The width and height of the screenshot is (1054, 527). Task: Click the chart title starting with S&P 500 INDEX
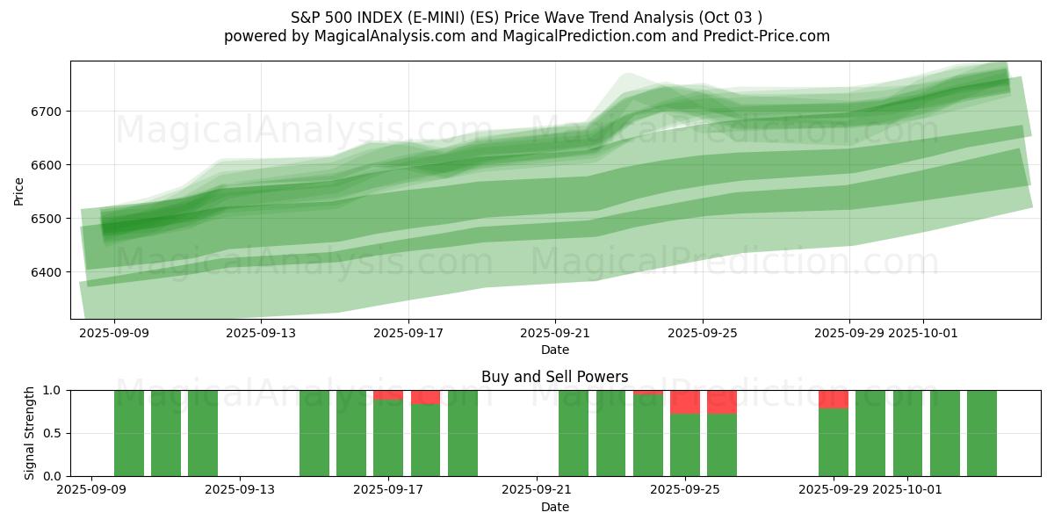(x=526, y=18)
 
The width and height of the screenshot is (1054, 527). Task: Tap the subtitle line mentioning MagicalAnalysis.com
(x=526, y=36)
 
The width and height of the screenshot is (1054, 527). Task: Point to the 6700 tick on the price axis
(x=49, y=112)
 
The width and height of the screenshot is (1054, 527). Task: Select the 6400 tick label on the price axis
(x=49, y=272)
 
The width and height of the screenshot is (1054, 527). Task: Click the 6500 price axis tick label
(x=49, y=219)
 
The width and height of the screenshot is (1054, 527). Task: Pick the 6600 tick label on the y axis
(x=49, y=165)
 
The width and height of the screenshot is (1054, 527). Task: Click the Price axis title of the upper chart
(x=18, y=190)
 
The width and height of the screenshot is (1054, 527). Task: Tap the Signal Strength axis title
(x=30, y=433)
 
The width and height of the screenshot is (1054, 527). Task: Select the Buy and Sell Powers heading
(x=554, y=377)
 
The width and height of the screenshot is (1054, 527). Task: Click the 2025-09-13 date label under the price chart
(x=261, y=333)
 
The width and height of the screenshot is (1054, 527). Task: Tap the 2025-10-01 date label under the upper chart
(x=922, y=333)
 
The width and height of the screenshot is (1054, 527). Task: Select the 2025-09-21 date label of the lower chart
(x=537, y=490)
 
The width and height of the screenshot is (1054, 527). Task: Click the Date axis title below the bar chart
(x=554, y=507)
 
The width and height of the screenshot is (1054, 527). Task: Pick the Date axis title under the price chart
(x=554, y=350)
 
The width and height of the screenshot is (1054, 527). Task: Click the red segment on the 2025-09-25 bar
(x=685, y=401)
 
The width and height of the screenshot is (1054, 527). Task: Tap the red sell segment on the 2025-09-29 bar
(x=834, y=399)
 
